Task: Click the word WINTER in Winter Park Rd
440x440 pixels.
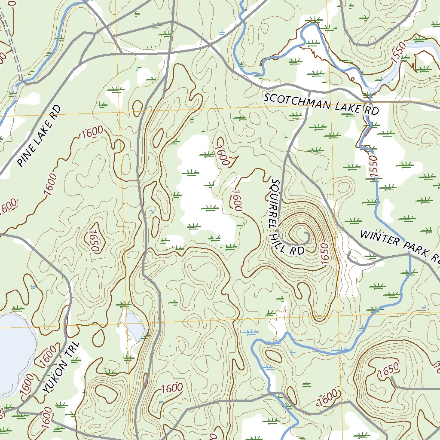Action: [x=380, y=238]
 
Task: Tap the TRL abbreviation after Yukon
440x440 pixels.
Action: [x=74, y=350]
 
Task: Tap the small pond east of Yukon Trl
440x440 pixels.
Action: [x=134, y=326]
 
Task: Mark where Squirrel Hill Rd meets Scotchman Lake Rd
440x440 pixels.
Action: [x=311, y=92]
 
